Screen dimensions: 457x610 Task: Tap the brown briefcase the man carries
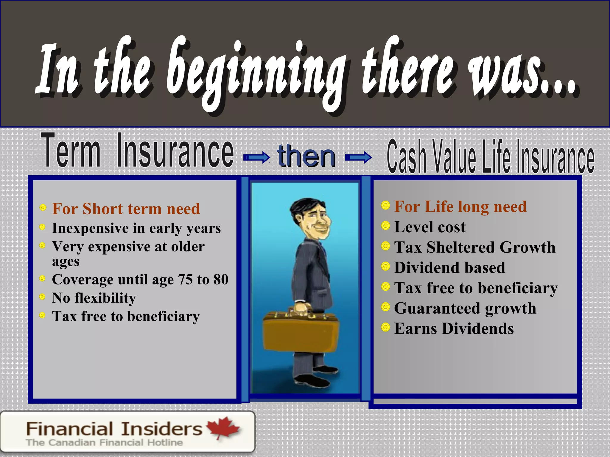(301, 333)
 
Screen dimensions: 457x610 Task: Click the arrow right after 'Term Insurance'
(256, 157)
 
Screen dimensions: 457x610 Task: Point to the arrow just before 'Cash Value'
(358, 157)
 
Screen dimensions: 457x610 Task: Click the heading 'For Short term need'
(126, 209)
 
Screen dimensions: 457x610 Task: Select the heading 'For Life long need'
(460, 206)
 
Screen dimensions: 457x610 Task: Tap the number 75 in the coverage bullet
(185, 280)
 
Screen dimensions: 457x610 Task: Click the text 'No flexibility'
(94, 298)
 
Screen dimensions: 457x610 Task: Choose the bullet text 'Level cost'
(430, 227)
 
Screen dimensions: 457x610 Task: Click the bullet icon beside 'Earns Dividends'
(385, 327)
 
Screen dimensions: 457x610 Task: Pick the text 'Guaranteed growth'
(465, 308)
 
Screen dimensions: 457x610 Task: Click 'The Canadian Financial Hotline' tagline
(104, 442)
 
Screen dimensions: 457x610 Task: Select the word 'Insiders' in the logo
(162, 429)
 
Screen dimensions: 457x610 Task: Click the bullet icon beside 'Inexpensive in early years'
(43, 227)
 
